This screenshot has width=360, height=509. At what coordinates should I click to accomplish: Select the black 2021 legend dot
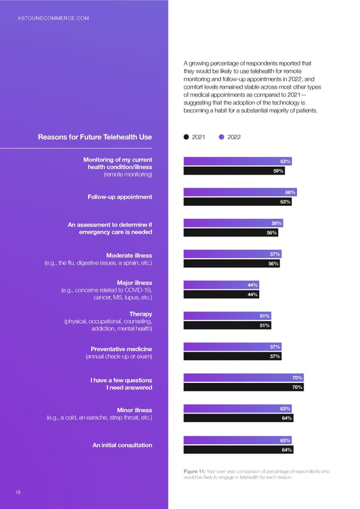click(187, 137)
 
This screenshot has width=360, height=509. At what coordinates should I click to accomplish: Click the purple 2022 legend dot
click(222, 137)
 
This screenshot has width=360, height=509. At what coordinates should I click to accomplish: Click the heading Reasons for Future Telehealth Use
click(95, 137)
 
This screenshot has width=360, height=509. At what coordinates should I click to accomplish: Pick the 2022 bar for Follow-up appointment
click(240, 192)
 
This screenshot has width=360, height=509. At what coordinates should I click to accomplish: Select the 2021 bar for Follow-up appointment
click(238, 202)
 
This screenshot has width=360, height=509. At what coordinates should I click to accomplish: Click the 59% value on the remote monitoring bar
click(278, 170)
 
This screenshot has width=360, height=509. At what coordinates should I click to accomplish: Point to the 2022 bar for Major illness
click(221, 285)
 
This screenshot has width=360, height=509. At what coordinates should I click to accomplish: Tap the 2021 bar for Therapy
click(227, 325)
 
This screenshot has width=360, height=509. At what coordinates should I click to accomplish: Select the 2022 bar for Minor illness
click(238, 409)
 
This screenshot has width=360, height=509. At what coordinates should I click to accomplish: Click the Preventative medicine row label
click(121, 349)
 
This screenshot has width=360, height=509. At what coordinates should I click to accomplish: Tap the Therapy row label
click(141, 314)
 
